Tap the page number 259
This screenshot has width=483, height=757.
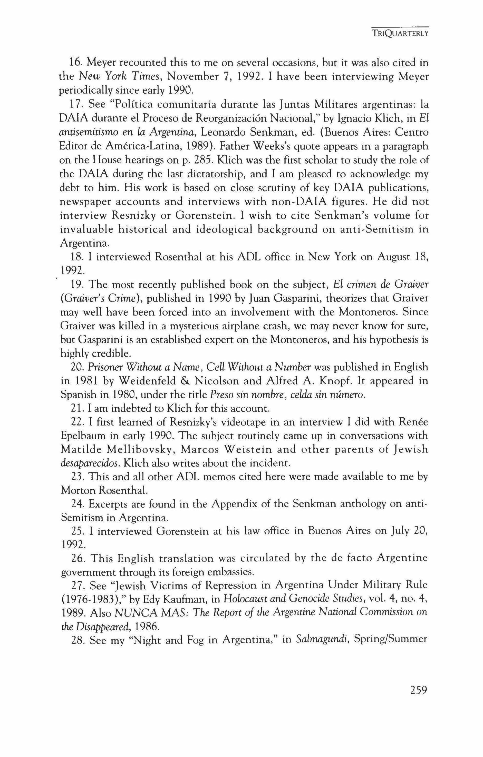tap(418, 690)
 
